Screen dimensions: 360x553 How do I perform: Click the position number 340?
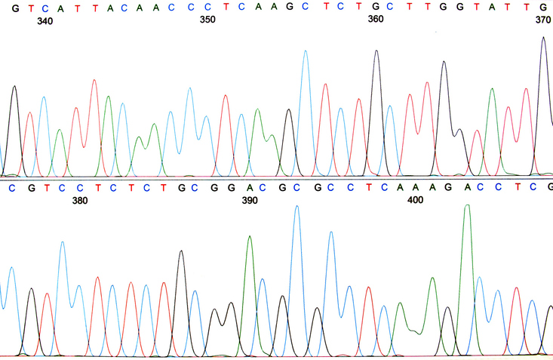[45, 22]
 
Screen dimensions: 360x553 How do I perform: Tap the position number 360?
[375, 19]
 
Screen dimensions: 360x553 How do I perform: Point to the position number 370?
[542, 21]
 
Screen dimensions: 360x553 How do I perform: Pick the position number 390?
[249, 201]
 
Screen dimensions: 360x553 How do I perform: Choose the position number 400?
[415, 200]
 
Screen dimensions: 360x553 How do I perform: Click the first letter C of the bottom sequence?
[11, 186]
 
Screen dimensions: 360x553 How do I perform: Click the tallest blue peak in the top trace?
[306, 51]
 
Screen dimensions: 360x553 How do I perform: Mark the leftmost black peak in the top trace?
[14, 87]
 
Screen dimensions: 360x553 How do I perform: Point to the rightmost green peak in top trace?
[492, 89]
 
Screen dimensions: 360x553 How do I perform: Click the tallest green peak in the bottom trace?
[468, 205]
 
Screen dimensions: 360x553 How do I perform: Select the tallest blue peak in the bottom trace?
[296, 206]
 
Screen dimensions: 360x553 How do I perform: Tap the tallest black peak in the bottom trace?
[181, 251]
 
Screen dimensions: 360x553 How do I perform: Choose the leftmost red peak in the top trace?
[30, 113]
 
